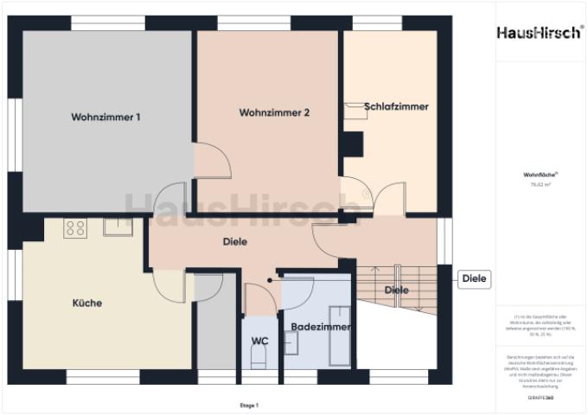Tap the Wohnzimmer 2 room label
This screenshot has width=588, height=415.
274,112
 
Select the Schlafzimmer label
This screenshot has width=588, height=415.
396,106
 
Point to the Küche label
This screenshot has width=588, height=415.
86,303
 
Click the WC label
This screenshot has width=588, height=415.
259,342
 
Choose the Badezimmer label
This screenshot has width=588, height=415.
320,328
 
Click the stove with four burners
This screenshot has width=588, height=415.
75,228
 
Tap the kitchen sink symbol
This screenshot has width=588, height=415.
116,227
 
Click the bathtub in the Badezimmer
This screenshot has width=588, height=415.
340,335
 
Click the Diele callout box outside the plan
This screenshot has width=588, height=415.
475,279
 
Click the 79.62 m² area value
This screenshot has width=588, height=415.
540,184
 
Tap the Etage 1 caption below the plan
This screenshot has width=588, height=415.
249,405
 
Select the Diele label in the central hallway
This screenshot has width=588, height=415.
234,242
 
